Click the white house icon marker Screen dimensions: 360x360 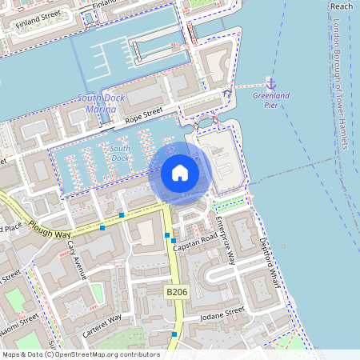point(180,173)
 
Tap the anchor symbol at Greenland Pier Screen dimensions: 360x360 point(270,83)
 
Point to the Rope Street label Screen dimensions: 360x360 point(142,115)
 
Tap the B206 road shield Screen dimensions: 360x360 point(177,293)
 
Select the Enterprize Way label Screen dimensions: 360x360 point(226,240)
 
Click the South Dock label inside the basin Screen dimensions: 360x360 point(120,153)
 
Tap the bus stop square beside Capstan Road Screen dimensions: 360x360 point(174,241)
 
